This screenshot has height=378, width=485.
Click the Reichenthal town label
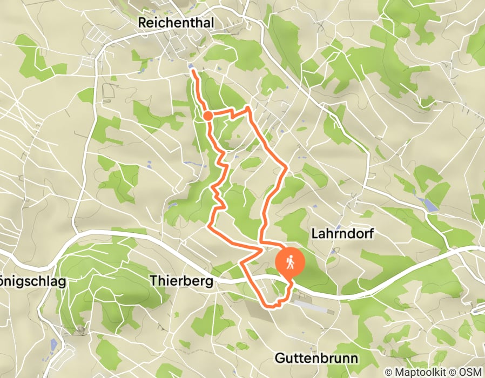click(x=176, y=23)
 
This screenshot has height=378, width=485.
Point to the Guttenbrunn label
click(x=316, y=358)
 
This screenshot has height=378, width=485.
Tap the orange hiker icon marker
click(x=291, y=262)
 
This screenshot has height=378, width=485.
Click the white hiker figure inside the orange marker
click(x=291, y=261)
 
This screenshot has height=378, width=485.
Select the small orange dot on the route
click(x=208, y=114)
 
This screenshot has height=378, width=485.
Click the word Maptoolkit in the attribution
click(x=420, y=372)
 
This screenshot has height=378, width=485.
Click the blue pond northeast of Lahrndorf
click(x=431, y=204)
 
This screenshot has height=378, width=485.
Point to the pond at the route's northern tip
click(x=192, y=67)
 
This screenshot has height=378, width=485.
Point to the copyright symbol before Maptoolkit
click(x=389, y=372)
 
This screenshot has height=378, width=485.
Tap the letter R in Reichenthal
click(x=143, y=23)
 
